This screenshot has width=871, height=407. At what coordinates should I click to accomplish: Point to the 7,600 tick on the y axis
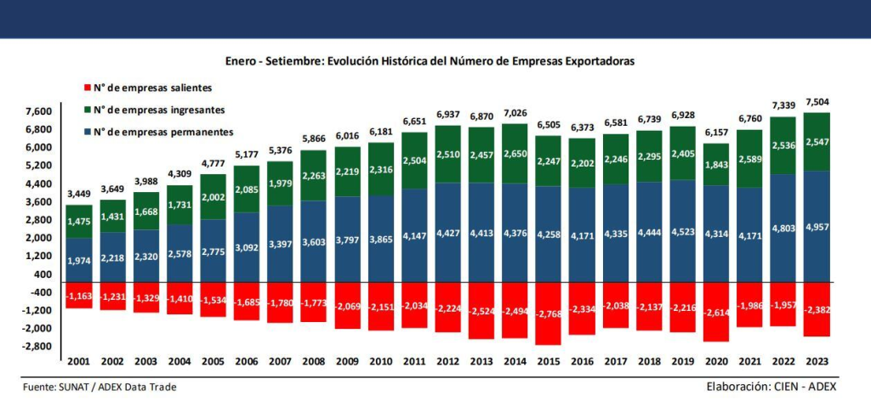(39, 112)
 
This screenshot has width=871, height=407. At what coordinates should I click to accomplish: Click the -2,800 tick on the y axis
(39, 347)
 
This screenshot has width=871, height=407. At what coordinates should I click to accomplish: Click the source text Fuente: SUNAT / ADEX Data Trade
(100, 387)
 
